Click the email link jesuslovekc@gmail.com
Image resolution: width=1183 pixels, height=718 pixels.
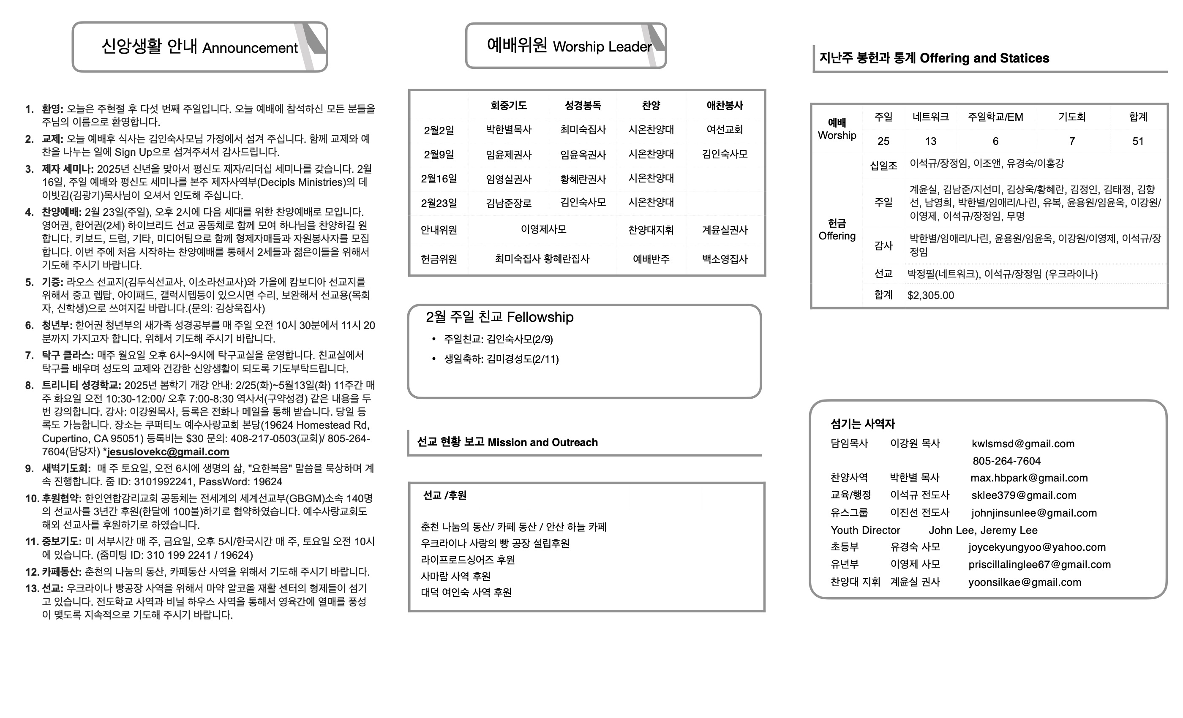pyautogui.click(x=168, y=451)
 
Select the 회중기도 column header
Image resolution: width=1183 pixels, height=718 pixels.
pyautogui.click(x=508, y=106)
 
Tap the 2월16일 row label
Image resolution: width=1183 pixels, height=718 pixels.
pyautogui.click(x=439, y=179)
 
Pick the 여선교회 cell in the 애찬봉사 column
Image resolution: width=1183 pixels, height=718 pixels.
pyautogui.click(x=725, y=130)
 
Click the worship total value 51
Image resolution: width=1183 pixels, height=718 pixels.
pyautogui.click(x=1137, y=141)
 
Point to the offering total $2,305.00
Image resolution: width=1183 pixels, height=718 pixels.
pyautogui.click(x=930, y=295)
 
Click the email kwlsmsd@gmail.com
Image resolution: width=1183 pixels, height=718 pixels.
pyautogui.click(x=1022, y=443)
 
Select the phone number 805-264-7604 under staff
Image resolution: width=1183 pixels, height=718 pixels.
pyautogui.click(x=1006, y=461)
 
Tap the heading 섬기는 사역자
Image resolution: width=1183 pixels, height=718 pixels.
pyautogui.click(x=863, y=424)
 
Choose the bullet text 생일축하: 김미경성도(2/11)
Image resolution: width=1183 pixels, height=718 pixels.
pyautogui.click(x=501, y=359)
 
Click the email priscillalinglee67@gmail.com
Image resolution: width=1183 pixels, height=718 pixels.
pyautogui.click(x=1039, y=564)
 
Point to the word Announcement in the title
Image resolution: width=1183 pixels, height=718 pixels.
pyautogui.click(x=250, y=48)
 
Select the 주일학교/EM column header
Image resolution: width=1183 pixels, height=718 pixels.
pyautogui.click(x=995, y=117)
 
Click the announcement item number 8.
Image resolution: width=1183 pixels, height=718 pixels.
pyautogui.click(x=30, y=385)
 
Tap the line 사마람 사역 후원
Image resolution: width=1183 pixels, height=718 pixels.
pyautogui.click(x=455, y=576)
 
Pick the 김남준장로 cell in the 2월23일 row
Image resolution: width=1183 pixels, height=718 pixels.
pyautogui.click(x=508, y=203)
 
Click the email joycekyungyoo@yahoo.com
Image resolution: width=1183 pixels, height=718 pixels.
pyautogui.click(x=1036, y=547)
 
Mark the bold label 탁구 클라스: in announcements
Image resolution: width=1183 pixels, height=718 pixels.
pyautogui.click(x=68, y=355)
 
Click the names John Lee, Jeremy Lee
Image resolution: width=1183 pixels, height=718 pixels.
pyautogui.click(x=983, y=530)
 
